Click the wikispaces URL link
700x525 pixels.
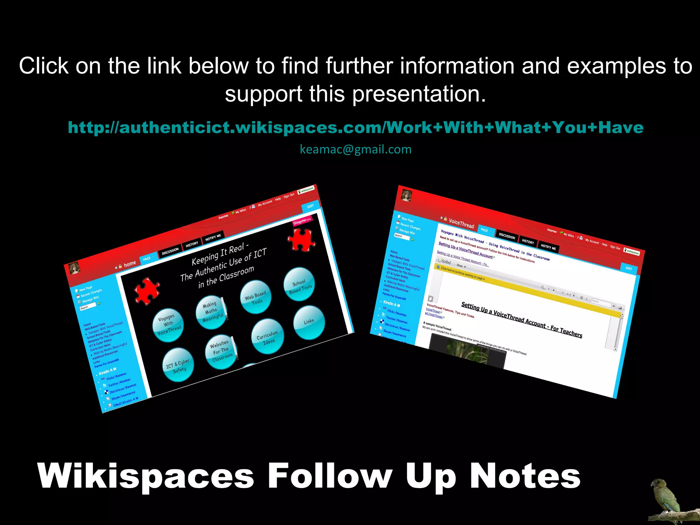pos(355,127)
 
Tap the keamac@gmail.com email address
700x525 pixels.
pos(355,149)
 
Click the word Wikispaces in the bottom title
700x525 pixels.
pos(146,476)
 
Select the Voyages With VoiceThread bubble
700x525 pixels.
pos(168,325)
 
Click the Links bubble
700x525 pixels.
pos(309,322)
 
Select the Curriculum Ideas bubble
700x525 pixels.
pos(268,337)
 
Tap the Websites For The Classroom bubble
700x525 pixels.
pos(221,352)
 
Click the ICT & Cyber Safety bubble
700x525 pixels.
pos(178,365)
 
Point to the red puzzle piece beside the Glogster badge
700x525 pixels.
pos(301,239)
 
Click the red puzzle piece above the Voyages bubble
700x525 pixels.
pos(147,291)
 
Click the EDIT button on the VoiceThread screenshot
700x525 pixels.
pos(629,268)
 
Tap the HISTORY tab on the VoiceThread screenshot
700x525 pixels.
pos(528,242)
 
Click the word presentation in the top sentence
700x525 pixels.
pos(418,94)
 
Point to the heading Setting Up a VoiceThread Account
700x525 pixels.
pos(522,319)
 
